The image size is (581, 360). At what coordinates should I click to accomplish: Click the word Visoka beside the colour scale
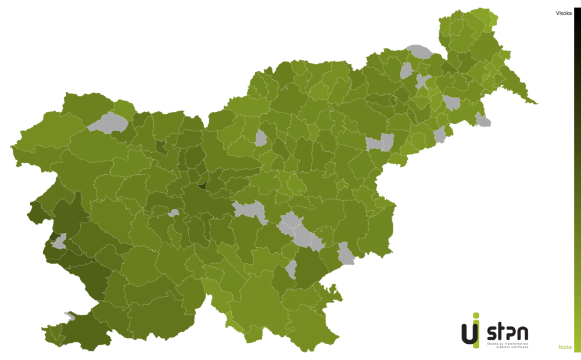click(x=564, y=13)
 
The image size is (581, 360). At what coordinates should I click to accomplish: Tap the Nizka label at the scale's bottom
click(x=565, y=347)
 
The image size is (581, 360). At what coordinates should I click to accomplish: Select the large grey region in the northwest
click(x=108, y=123)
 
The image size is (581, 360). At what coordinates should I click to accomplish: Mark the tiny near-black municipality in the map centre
click(x=202, y=186)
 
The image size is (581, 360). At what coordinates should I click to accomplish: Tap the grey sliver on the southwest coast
click(x=70, y=316)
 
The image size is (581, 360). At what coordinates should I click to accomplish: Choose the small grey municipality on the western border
click(x=59, y=241)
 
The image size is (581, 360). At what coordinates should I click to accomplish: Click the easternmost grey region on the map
click(x=482, y=121)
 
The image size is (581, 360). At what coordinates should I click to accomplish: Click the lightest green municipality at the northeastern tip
click(x=493, y=17)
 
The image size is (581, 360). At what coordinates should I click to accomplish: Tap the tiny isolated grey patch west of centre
click(x=173, y=213)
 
